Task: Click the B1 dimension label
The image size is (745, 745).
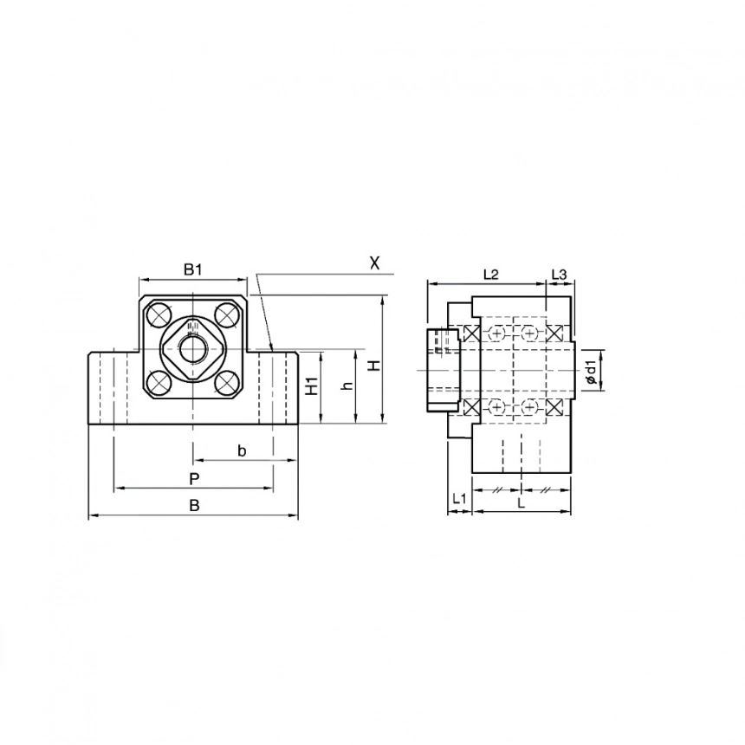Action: (x=192, y=269)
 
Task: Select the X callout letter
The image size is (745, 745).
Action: (x=374, y=262)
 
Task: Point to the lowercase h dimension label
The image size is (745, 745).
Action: (x=347, y=386)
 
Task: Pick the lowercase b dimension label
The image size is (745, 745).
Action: (x=242, y=450)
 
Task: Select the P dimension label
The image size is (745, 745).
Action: (x=194, y=479)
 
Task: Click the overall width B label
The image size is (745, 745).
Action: (x=194, y=506)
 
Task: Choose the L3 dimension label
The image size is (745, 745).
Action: (x=559, y=275)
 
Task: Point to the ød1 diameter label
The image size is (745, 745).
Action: (x=590, y=370)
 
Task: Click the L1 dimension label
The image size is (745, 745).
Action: (x=459, y=501)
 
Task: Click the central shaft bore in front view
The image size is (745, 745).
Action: (x=192, y=349)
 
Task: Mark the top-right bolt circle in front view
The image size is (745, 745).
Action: (x=227, y=314)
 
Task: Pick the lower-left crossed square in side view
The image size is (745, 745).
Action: (x=473, y=407)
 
